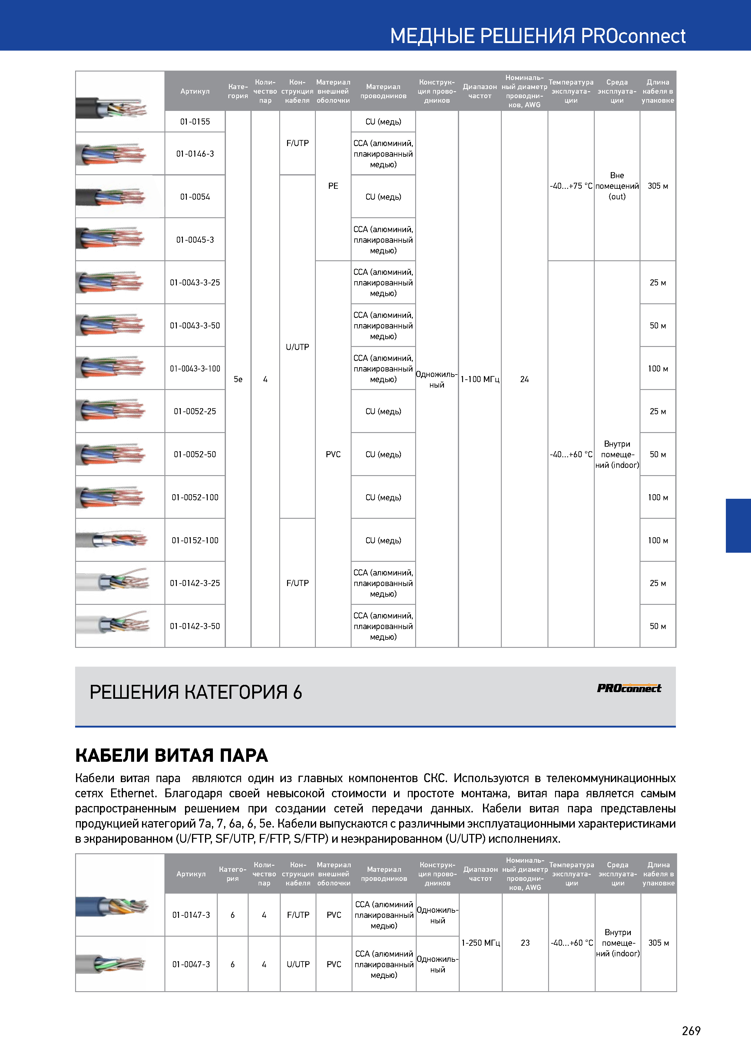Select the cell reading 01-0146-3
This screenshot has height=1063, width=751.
click(195, 154)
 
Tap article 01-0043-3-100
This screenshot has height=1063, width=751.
click(195, 368)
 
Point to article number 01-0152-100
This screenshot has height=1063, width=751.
click(195, 540)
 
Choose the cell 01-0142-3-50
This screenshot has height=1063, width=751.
click(195, 626)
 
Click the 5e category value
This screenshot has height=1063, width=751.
click(238, 379)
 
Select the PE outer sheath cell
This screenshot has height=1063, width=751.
click(333, 186)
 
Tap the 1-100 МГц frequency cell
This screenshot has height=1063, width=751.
click(480, 379)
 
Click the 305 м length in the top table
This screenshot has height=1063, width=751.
click(657, 186)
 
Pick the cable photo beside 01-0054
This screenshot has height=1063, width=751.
click(111, 197)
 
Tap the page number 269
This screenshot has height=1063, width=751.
click(691, 1031)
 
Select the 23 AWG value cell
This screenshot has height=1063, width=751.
click(525, 943)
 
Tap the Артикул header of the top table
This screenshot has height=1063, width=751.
click(195, 91)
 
